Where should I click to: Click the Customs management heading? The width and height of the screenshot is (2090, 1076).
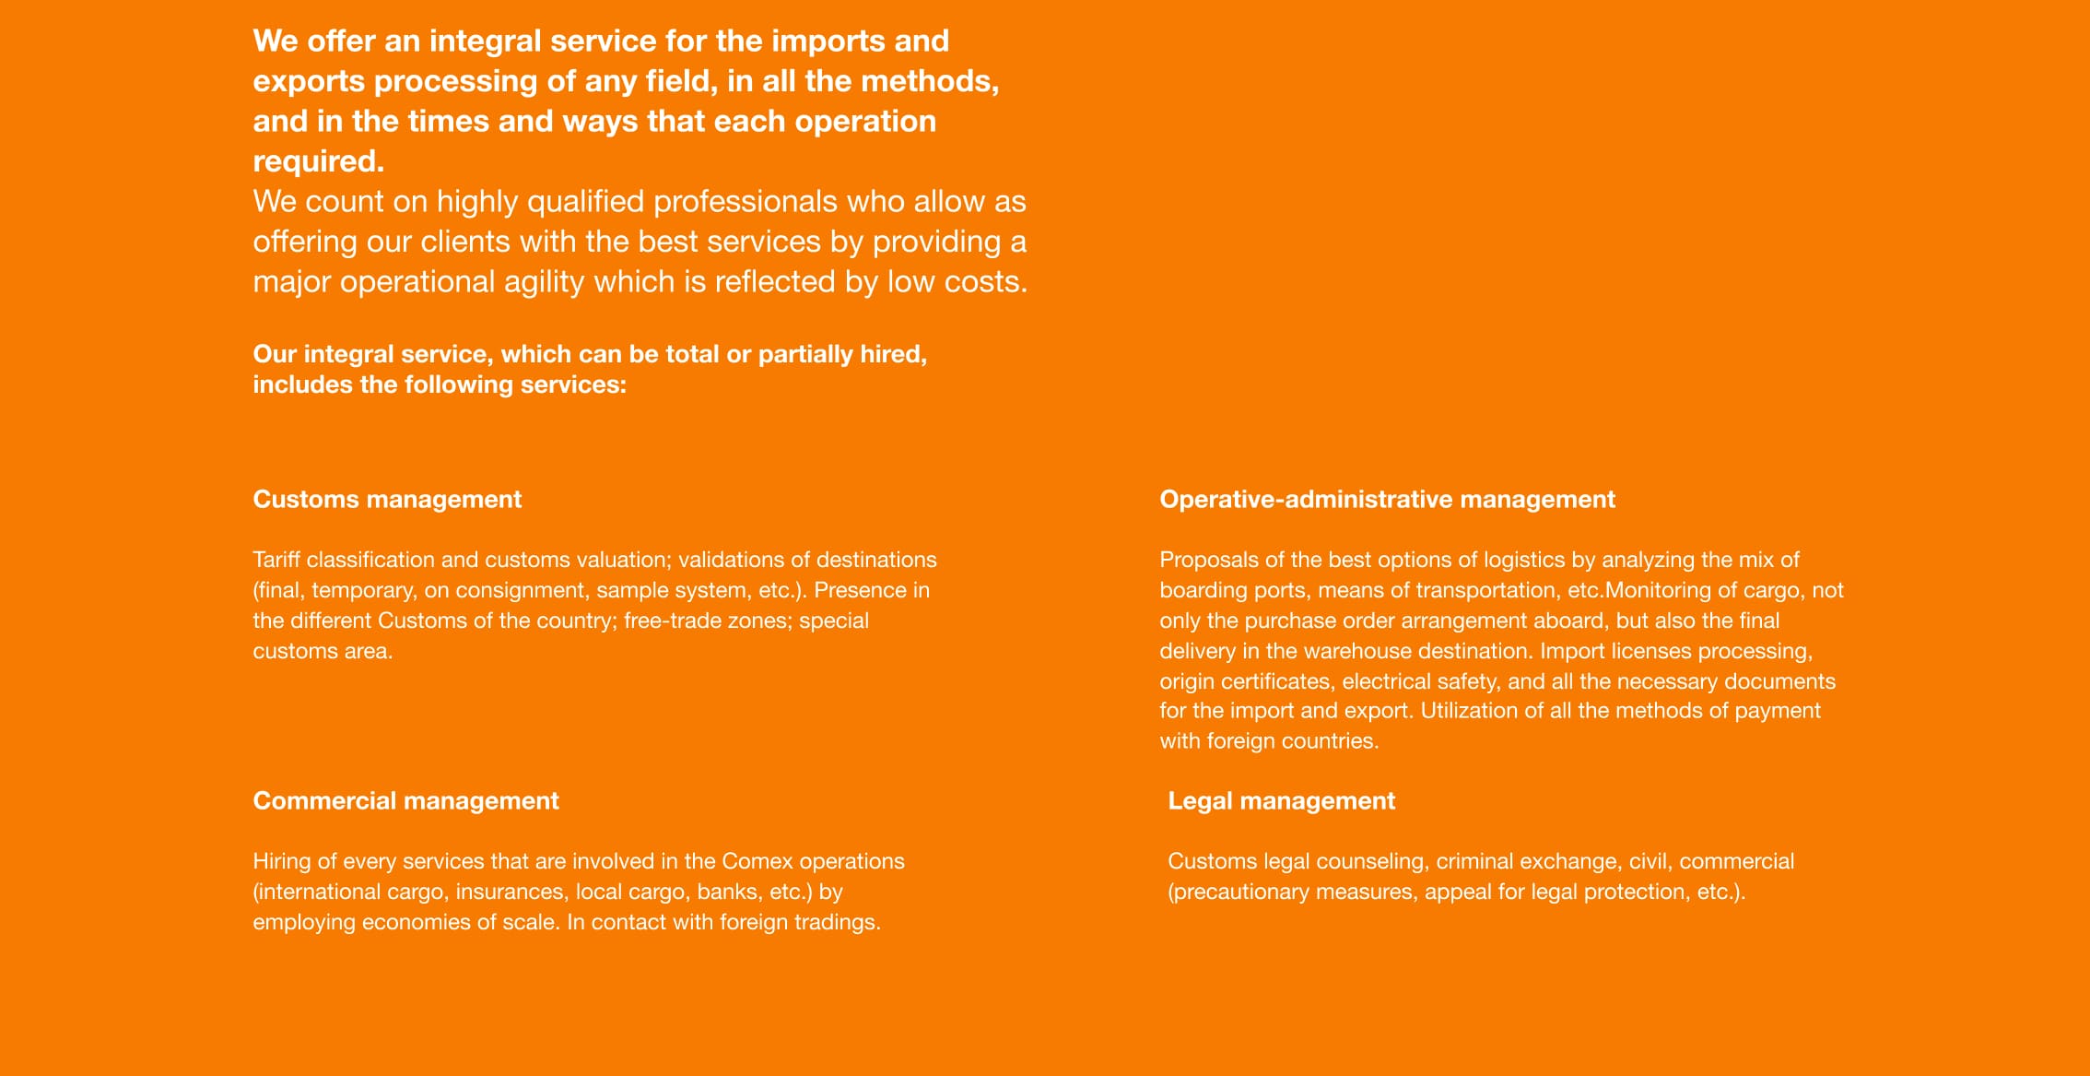coord(387,500)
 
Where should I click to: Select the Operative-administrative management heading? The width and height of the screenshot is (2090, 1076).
coord(1387,500)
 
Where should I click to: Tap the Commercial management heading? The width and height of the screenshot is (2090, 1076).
coord(405,801)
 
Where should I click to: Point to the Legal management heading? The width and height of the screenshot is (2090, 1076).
coord(1281,801)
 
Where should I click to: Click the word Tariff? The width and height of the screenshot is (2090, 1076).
coord(276,560)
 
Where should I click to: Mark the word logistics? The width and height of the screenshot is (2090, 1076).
coord(1523,560)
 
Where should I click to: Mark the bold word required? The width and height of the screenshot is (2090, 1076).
coord(318,161)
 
